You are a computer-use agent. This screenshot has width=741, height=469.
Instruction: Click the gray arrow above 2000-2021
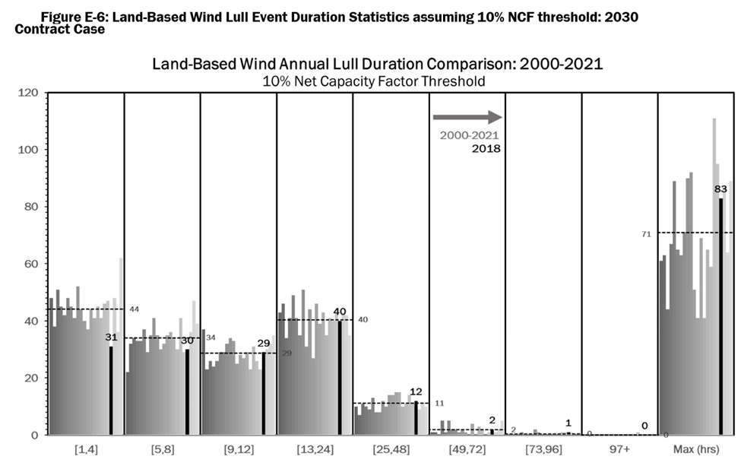pos(467,117)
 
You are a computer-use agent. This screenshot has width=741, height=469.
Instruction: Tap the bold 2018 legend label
pos(486,148)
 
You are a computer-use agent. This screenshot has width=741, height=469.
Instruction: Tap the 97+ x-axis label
pos(619,450)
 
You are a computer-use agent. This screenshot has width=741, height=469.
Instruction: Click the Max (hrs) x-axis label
pos(695,450)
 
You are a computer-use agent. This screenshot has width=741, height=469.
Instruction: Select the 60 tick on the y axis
pos(31,264)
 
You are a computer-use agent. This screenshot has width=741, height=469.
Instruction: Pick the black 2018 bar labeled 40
pos(340,377)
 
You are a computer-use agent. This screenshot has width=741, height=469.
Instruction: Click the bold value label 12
pos(416,392)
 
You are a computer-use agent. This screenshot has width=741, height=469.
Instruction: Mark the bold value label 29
pos(264,344)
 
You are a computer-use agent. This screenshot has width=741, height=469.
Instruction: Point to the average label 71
pos(646,235)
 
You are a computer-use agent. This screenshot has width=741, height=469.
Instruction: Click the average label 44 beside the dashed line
pos(133,309)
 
